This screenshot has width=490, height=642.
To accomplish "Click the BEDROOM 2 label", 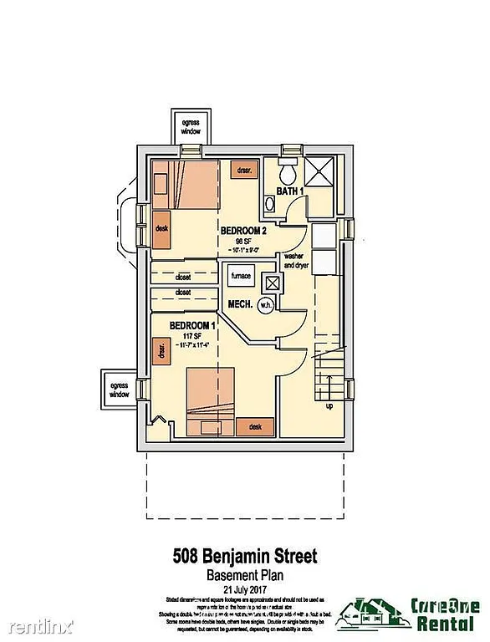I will [243, 231].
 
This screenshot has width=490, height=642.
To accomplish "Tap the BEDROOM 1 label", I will [192, 325].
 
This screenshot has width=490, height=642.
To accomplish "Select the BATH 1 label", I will [290, 191].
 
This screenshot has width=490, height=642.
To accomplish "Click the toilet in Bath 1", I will [288, 173].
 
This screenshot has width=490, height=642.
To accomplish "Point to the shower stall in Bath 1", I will [317, 172].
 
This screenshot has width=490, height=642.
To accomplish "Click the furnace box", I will [242, 274].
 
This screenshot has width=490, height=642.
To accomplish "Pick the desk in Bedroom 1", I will [255, 426].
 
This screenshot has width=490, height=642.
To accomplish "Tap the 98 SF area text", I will [242, 240].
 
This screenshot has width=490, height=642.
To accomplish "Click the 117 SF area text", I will [191, 335].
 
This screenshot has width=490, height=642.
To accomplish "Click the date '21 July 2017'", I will [245, 588].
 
